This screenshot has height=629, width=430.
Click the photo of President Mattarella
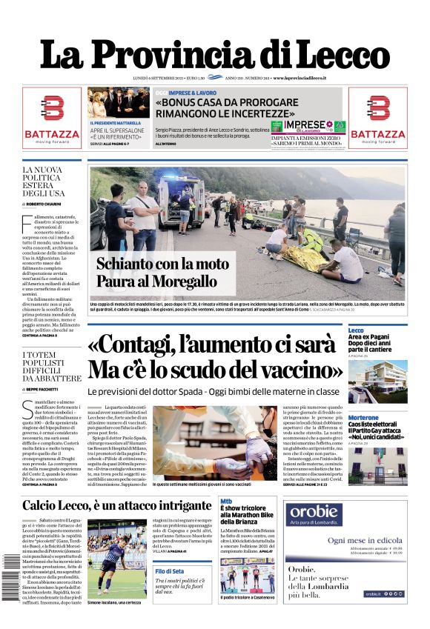click(x=118, y=103)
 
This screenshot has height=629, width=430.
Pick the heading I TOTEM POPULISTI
click(x=50, y=366)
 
